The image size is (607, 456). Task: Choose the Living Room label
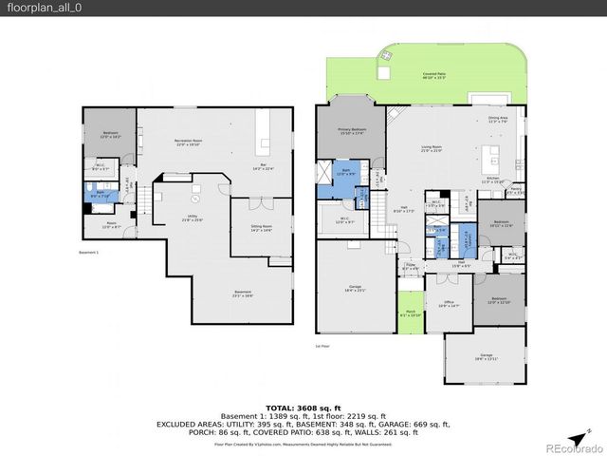point(432,148)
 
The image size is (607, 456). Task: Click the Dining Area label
point(498,120)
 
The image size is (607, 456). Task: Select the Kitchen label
point(493,179)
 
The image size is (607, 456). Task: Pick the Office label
point(449,305)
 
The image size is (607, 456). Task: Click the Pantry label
point(515,191)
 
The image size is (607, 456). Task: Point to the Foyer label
point(410,268)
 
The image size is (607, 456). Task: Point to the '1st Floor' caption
point(323,347)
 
